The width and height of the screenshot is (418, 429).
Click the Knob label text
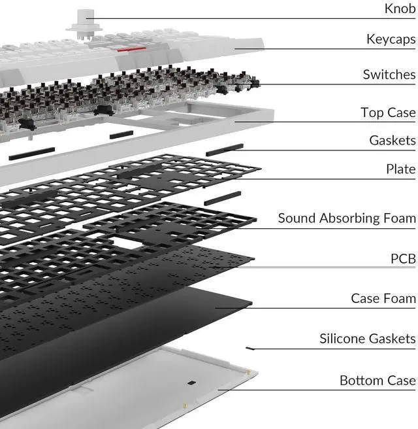(x=399, y=9)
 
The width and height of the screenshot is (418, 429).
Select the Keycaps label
(x=391, y=40)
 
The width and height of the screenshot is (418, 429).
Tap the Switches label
(x=389, y=75)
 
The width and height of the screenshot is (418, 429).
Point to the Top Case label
(x=388, y=112)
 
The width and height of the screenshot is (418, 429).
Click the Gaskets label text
(x=392, y=140)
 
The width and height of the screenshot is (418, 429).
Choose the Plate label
(x=400, y=169)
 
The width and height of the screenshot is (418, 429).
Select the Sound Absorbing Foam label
(x=346, y=218)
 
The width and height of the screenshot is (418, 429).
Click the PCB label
(x=403, y=259)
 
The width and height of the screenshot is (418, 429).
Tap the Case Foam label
(x=383, y=298)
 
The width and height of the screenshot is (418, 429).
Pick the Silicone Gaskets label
(x=367, y=338)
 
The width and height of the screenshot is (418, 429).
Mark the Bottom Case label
(x=377, y=380)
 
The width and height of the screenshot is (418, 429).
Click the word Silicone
(x=342, y=338)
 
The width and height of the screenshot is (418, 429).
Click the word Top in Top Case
(x=372, y=113)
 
